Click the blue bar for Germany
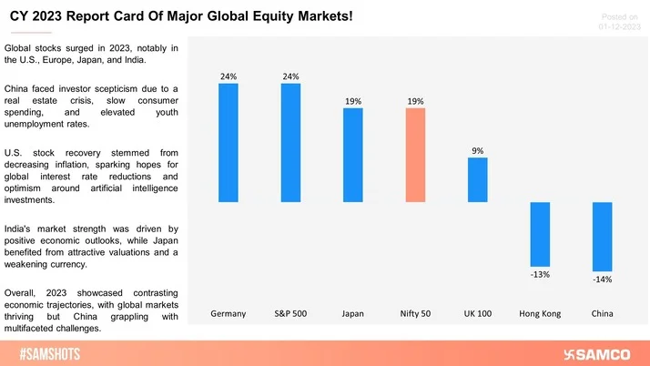tap(228, 142)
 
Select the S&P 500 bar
tap(290, 142)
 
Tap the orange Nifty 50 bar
tap(415, 155)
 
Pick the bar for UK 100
tap(478, 179)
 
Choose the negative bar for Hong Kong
tap(540, 235)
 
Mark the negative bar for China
tap(602, 237)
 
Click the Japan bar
tap(353, 155)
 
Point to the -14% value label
tap(602, 280)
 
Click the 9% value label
tap(478, 151)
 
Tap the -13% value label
tap(540, 275)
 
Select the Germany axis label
tap(228, 313)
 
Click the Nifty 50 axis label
tap(415, 313)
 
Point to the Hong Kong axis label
tap(540, 313)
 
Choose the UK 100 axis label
tap(478, 313)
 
